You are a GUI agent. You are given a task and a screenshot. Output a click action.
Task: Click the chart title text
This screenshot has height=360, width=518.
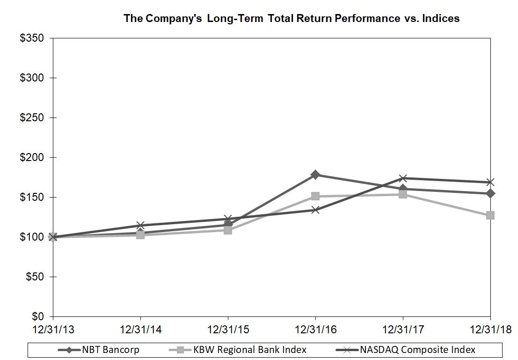coord(291,18)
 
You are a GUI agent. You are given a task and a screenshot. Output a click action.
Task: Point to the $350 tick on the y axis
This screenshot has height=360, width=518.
coord(32,38)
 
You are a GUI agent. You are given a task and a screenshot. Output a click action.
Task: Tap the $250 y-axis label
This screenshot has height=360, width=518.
coord(32,118)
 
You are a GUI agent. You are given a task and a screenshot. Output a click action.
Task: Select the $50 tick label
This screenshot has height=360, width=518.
coord(34,277)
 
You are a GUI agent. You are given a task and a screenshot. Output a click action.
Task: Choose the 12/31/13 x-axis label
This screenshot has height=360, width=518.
coord(53,329)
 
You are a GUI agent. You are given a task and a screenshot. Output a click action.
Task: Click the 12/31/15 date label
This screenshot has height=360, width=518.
coord(228,329)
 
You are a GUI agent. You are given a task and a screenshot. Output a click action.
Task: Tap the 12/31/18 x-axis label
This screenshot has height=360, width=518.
coord(490,329)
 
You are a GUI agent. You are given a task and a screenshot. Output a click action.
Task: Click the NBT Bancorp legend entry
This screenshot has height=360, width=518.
coord(98,350)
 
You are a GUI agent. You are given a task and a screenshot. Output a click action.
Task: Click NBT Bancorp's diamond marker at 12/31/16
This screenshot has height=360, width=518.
coord(315,175)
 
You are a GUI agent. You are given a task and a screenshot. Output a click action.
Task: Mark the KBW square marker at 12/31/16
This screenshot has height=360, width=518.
coord(315,196)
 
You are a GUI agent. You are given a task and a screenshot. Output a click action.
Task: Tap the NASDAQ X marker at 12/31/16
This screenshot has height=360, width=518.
coord(315,210)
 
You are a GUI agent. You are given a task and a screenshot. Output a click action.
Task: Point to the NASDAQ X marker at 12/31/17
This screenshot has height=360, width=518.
coord(403,178)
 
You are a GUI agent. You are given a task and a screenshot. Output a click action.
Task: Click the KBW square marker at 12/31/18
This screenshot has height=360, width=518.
coord(490,215)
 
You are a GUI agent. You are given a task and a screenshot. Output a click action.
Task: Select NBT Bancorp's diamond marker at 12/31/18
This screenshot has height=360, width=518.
coord(490,193)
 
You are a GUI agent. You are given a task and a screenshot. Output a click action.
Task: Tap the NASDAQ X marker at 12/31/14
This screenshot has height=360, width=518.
coord(140,226)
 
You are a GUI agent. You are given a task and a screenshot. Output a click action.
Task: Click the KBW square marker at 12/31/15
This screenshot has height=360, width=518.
coord(228,230)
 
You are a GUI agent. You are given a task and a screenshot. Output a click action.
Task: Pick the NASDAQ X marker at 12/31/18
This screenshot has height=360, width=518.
coord(490,182)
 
